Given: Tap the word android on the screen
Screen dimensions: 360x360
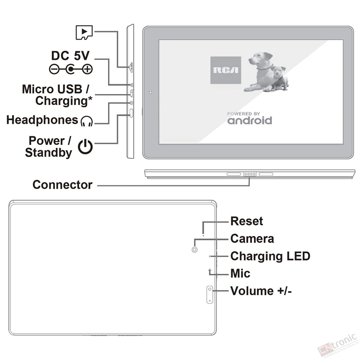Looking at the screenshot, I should (x=249, y=121).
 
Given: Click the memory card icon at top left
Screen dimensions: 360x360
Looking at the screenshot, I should (x=84, y=31).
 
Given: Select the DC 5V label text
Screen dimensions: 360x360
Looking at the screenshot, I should (x=71, y=56).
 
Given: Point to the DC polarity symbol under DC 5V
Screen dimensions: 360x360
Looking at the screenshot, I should (x=71, y=69).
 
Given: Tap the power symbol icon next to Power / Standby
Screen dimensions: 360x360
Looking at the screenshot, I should (x=85, y=146).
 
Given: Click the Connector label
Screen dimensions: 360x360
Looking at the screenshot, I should (x=63, y=184).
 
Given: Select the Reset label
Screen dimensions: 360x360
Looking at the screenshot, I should (x=247, y=221).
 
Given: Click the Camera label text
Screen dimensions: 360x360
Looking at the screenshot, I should (x=252, y=238).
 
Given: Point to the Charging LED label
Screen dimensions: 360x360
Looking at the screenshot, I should (x=270, y=256).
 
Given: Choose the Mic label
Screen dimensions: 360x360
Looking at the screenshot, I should (x=240, y=273).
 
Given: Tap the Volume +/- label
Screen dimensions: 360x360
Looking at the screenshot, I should (x=261, y=290).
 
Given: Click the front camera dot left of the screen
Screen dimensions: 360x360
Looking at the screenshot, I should (x=150, y=93).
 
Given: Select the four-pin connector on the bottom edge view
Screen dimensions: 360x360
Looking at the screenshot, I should (x=250, y=174).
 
